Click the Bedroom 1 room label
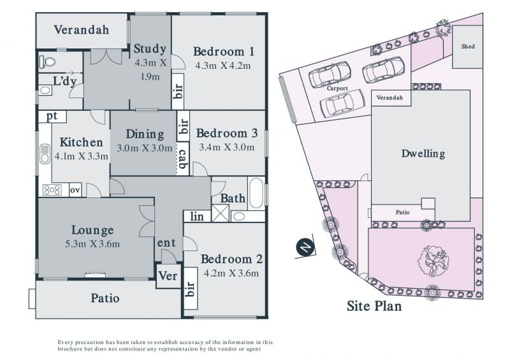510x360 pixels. point(224,52)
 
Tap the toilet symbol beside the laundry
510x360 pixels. point(47,61)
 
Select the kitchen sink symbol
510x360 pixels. point(45,154)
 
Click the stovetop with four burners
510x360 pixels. point(52,190)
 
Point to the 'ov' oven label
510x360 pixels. point(75,190)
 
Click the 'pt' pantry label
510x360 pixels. point(52,116)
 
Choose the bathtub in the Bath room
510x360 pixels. point(256,193)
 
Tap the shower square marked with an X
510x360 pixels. point(220,213)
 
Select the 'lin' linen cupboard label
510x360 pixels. point(197,216)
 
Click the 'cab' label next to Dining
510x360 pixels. point(183,159)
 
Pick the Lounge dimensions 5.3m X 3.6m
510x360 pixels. point(92,244)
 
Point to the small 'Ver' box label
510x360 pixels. point(168,276)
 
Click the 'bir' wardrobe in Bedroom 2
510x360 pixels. point(191,289)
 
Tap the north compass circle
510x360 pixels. point(305,248)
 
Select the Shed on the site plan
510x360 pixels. point(467,47)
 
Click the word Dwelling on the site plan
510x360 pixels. point(423,154)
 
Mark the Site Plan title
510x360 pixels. point(374,306)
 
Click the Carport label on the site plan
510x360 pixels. point(337,89)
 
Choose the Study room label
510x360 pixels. point(150,49)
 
